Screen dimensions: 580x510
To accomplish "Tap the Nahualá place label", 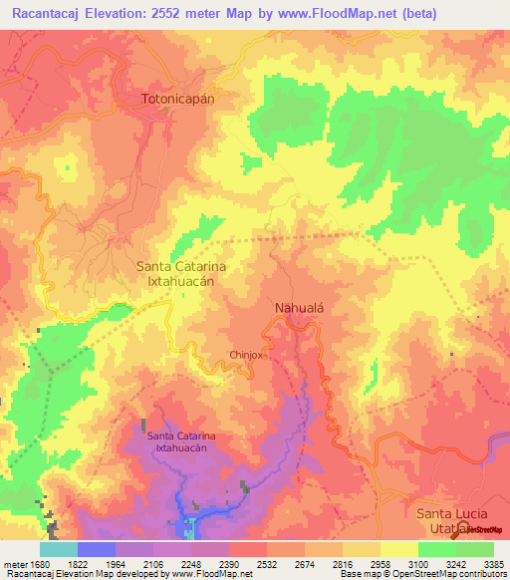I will point(299,309).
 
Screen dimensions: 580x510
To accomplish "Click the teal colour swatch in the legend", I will point(59,549).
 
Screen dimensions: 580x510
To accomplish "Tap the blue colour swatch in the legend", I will point(97,549).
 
